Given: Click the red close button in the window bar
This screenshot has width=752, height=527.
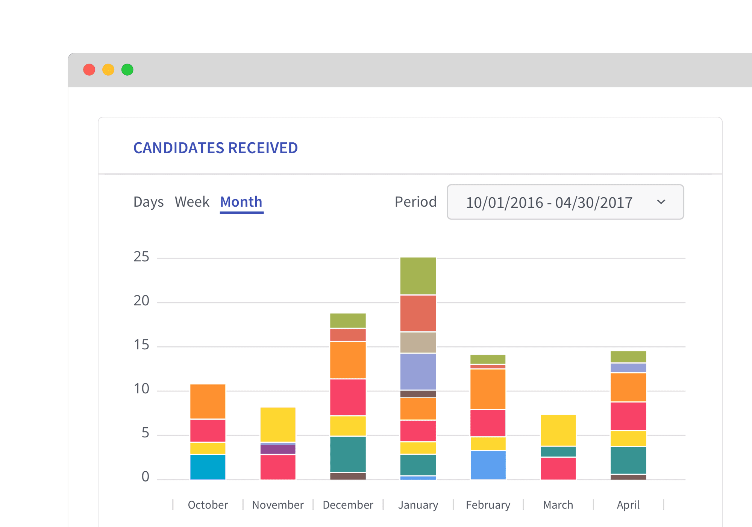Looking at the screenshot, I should point(89,70).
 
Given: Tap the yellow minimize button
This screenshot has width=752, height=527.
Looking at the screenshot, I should point(108,70).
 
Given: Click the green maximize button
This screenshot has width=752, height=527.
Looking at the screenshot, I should point(127,70).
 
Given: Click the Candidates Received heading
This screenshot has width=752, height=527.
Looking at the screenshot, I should point(215,148).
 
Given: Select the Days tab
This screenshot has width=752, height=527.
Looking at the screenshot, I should point(149,202).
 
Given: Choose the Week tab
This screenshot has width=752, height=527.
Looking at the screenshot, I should point(192,202).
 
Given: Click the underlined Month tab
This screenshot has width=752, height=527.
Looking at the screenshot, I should point(241,202).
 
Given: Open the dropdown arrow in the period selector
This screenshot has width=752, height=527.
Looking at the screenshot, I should point(661,202).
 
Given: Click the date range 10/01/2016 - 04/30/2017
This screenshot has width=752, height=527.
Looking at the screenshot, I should point(549,203).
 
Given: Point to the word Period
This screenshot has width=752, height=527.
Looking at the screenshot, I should point(415,202).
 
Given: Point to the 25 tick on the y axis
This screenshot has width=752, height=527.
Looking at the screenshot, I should point(141,257).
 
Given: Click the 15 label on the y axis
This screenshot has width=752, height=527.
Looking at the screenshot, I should point(141,345).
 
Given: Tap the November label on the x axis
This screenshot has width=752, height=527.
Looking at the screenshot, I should point(278,505).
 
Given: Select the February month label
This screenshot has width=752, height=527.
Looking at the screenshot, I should point(488,505).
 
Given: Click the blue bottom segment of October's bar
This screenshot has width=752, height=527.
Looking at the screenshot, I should point(208,467).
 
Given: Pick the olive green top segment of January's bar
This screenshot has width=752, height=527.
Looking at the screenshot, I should point(418,276).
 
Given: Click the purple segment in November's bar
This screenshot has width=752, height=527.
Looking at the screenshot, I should point(278,449).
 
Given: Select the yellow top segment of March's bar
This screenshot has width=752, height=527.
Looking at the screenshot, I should point(558,430).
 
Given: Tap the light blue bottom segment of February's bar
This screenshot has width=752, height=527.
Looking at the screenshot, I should point(488,465).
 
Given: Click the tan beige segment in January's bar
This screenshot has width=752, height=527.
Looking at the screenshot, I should point(418,343).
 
